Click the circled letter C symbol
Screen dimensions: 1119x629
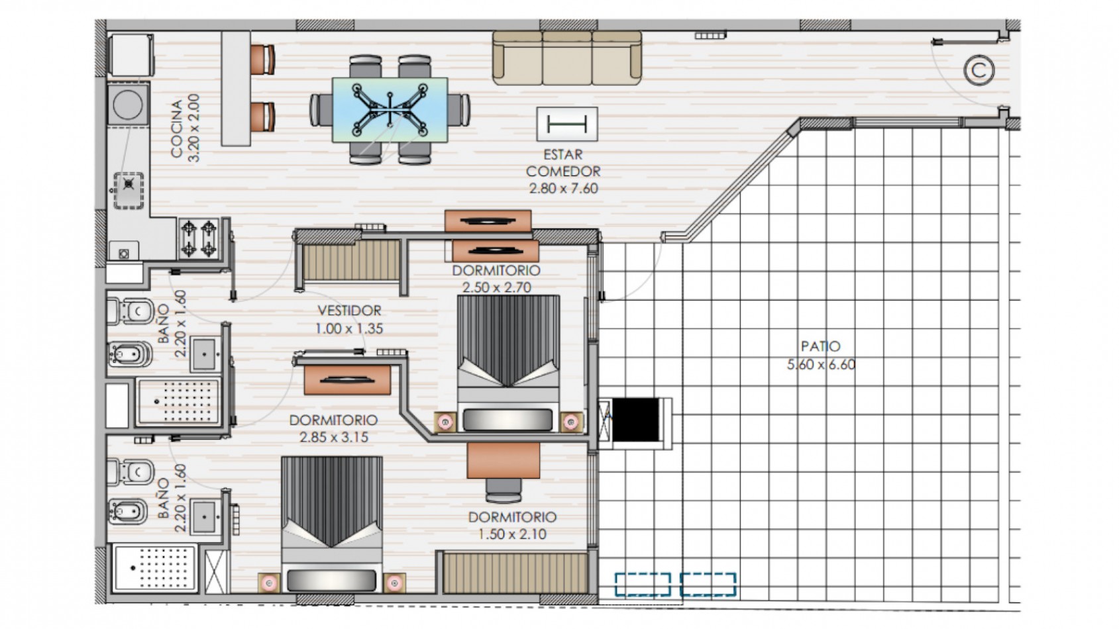point(979,70)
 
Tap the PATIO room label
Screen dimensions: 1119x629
point(820,346)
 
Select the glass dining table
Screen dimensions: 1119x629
point(390,109)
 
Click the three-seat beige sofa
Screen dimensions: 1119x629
point(567,58)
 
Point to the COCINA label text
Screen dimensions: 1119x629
point(177,128)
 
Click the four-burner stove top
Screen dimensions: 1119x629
point(199,238)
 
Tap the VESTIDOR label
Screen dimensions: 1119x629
point(349,311)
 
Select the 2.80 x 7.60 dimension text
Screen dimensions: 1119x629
point(563,188)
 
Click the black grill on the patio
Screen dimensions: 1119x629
point(635,420)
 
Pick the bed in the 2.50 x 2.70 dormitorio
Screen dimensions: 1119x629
point(508,363)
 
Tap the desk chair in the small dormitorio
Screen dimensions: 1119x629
point(504,490)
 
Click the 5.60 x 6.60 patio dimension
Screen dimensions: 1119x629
point(821,364)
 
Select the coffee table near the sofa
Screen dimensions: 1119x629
point(567,124)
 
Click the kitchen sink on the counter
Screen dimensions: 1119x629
point(129,190)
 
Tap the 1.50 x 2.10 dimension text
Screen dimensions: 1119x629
point(512,534)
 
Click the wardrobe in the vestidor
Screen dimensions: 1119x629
point(352,260)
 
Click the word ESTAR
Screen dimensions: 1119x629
point(563,154)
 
